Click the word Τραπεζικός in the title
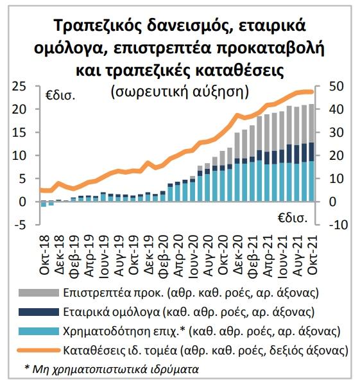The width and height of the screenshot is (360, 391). (x=98, y=26)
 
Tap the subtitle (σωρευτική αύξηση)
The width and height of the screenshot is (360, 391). (x=180, y=92)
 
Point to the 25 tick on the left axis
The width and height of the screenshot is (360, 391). (x=19, y=86)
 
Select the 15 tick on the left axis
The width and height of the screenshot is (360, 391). (x=19, y=132)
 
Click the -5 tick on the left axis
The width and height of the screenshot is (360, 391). (x=19, y=225)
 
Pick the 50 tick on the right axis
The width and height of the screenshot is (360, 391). (x=336, y=86)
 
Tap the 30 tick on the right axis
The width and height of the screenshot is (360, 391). (x=336, y=132)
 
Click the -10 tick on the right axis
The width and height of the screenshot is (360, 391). (x=339, y=225)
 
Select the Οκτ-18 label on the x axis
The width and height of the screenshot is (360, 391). (x=45, y=256)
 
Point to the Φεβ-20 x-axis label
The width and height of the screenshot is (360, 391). (x=164, y=256)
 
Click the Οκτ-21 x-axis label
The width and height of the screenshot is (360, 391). (x=313, y=256)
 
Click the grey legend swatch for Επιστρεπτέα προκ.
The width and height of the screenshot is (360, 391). (x=39, y=293)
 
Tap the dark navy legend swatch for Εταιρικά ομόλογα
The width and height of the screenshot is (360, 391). (x=39, y=312)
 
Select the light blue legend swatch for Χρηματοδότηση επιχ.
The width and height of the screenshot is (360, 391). (x=39, y=331)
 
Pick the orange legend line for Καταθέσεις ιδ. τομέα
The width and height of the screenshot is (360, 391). (x=39, y=351)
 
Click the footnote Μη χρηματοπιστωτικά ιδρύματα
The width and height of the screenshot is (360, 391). (x=116, y=369)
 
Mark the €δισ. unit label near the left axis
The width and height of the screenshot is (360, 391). (x=60, y=96)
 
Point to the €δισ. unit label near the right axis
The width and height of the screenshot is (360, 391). (x=293, y=218)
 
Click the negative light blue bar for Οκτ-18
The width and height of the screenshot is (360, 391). (x=44, y=204)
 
